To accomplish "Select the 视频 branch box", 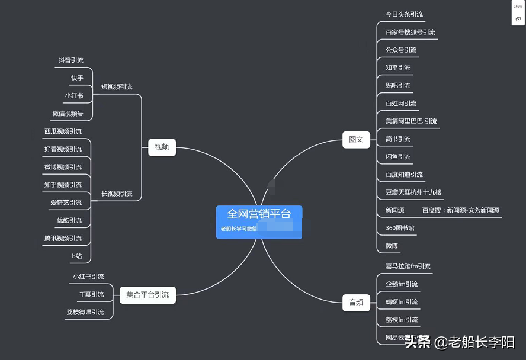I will (162, 147).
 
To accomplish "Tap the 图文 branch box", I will (356, 140).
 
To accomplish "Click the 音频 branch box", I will (356, 302).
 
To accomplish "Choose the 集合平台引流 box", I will (147, 295).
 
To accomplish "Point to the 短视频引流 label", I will (117, 87).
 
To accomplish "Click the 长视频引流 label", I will (117, 194).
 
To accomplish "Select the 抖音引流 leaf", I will (71, 60).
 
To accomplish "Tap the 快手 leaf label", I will (77, 78).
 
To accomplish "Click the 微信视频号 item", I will (68, 114).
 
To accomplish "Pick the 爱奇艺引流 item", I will (66, 202).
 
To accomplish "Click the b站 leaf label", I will (77, 256).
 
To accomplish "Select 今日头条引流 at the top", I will (404, 14).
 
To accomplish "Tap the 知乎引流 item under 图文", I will (397, 67).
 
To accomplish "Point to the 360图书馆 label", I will (400, 228).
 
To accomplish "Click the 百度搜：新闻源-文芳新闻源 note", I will (460, 210).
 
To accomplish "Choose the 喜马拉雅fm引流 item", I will (408, 266).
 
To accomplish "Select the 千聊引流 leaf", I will (91, 294).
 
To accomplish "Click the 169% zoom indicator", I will (518, 6).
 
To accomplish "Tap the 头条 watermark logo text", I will (418, 342).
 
